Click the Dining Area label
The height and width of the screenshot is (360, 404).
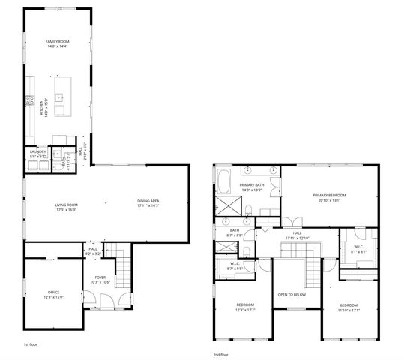click(148, 201)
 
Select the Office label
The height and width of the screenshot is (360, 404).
click(53, 292)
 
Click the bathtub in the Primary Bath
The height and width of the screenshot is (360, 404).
click(225, 181)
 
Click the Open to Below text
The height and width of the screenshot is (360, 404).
click(293, 295)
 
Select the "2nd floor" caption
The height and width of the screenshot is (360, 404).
click(222, 352)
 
